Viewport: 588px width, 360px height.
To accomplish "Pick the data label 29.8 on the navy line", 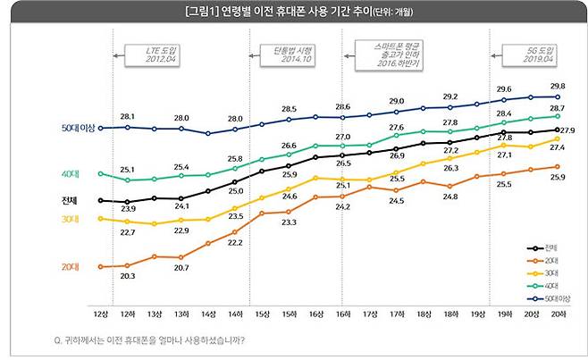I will [x=556, y=87].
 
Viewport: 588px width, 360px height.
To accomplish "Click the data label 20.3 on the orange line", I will [x=128, y=276].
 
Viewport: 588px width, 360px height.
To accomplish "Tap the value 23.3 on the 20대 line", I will [x=289, y=222].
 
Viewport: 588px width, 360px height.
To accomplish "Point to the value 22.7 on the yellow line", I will [x=128, y=232].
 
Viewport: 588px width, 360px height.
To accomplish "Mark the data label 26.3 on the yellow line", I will [x=450, y=168].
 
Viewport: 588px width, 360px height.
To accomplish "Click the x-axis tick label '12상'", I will [x=101, y=316].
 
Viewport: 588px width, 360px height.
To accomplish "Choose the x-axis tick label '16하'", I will [x=343, y=316].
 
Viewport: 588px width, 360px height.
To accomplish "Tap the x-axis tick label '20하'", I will [x=558, y=316].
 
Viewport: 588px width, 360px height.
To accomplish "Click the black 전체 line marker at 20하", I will [x=558, y=130].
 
